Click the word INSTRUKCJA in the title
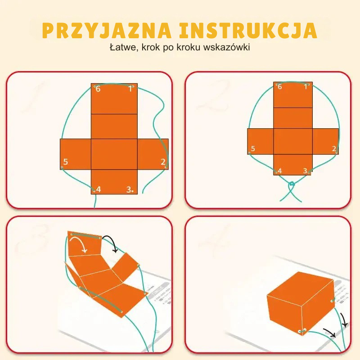click(x=248, y=31)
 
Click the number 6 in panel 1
click(x=98, y=89)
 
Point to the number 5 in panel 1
click(x=65, y=162)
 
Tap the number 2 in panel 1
click(x=163, y=162)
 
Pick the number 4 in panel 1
click(x=98, y=189)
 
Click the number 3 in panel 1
click(x=129, y=189)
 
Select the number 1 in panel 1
click(x=130, y=89)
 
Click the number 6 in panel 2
click(x=279, y=86)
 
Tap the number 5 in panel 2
click(x=253, y=149)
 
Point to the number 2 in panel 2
click(x=334, y=149)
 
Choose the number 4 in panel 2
click(x=279, y=171)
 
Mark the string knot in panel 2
click(x=292, y=184)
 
